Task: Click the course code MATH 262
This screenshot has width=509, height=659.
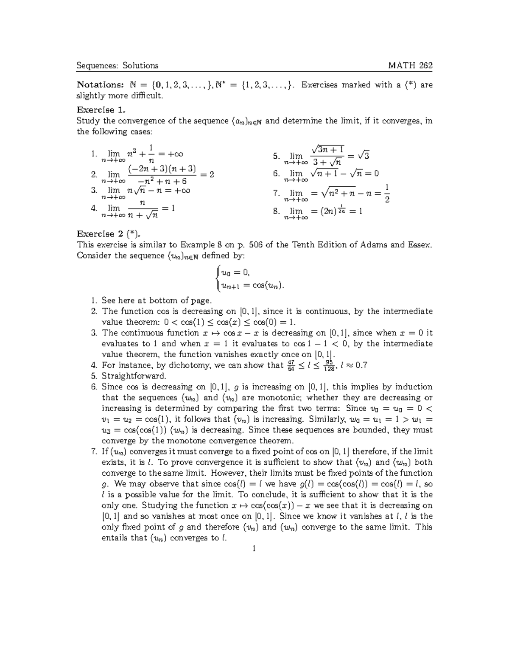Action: (x=411, y=65)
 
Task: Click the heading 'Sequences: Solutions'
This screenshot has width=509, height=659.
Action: (x=117, y=65)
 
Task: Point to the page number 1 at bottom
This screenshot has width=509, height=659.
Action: (x=254, y=549)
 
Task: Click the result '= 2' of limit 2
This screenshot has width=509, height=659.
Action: (x=207, y=174)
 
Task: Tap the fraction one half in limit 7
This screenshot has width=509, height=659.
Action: (x=387, y=193)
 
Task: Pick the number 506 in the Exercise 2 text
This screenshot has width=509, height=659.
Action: (x=256, y=245)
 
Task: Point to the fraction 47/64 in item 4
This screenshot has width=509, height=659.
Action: (x=291, y=365)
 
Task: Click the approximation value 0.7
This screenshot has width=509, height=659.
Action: (x=361, y=365)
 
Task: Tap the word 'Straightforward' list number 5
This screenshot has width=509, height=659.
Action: (x=94, y=376)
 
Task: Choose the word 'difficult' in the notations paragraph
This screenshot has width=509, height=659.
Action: (x=146, y=95)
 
